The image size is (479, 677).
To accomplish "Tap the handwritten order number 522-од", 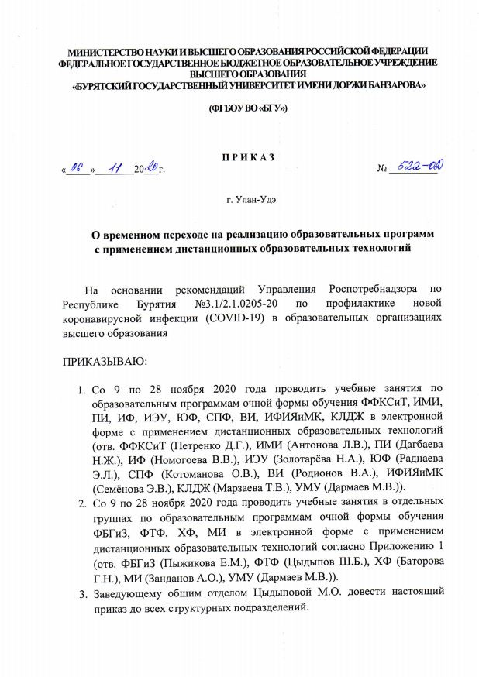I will click(415, 166).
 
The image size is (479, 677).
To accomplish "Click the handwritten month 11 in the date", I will click(117, 167).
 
